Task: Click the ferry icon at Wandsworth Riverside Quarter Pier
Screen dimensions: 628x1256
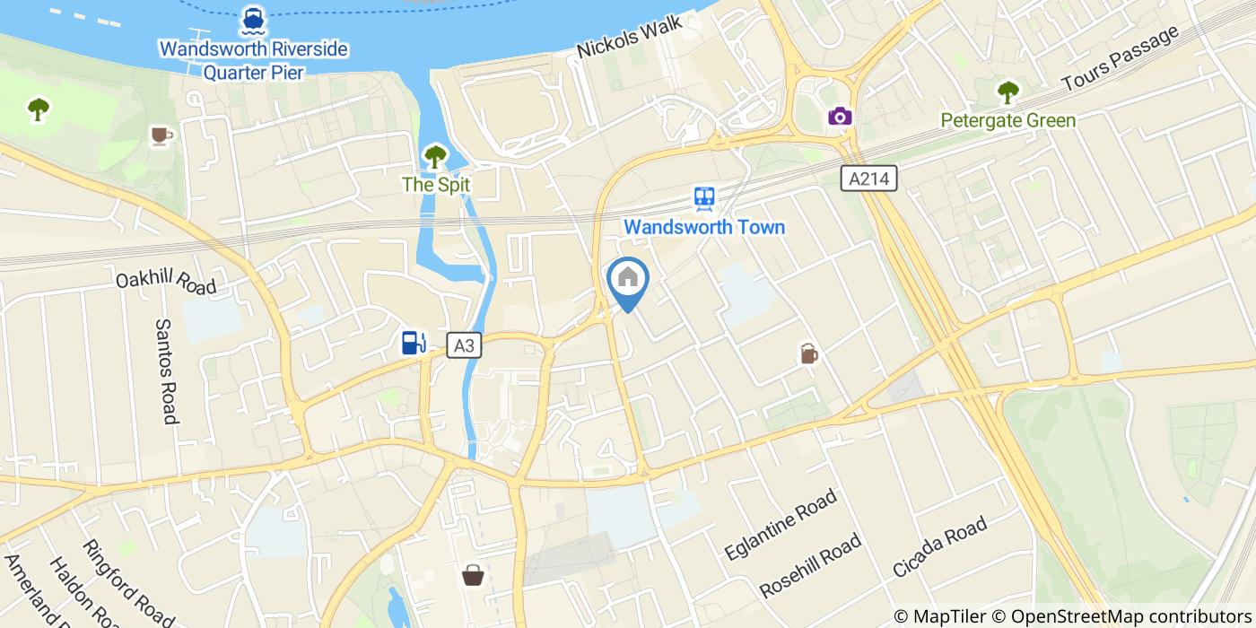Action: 252,19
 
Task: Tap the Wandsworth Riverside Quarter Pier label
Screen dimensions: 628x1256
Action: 253,60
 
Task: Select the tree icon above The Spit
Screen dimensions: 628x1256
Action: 435,157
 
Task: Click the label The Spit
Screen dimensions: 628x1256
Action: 435,185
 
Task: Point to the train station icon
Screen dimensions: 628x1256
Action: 704,198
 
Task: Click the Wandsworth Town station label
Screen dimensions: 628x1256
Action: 704,227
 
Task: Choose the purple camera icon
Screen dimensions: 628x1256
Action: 840,116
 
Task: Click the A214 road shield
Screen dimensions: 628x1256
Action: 870,179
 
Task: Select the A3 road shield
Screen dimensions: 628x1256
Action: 464,345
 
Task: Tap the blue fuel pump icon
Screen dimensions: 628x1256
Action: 413,342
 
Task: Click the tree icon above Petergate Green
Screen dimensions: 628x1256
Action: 1007,92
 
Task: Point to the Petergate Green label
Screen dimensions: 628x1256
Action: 1007,120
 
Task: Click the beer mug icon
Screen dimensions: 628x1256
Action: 809,353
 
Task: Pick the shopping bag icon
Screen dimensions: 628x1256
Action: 473,575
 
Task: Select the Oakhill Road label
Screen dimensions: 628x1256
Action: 166,282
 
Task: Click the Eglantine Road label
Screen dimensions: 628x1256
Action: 781,525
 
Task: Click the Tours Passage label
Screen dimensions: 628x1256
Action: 1119,58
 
